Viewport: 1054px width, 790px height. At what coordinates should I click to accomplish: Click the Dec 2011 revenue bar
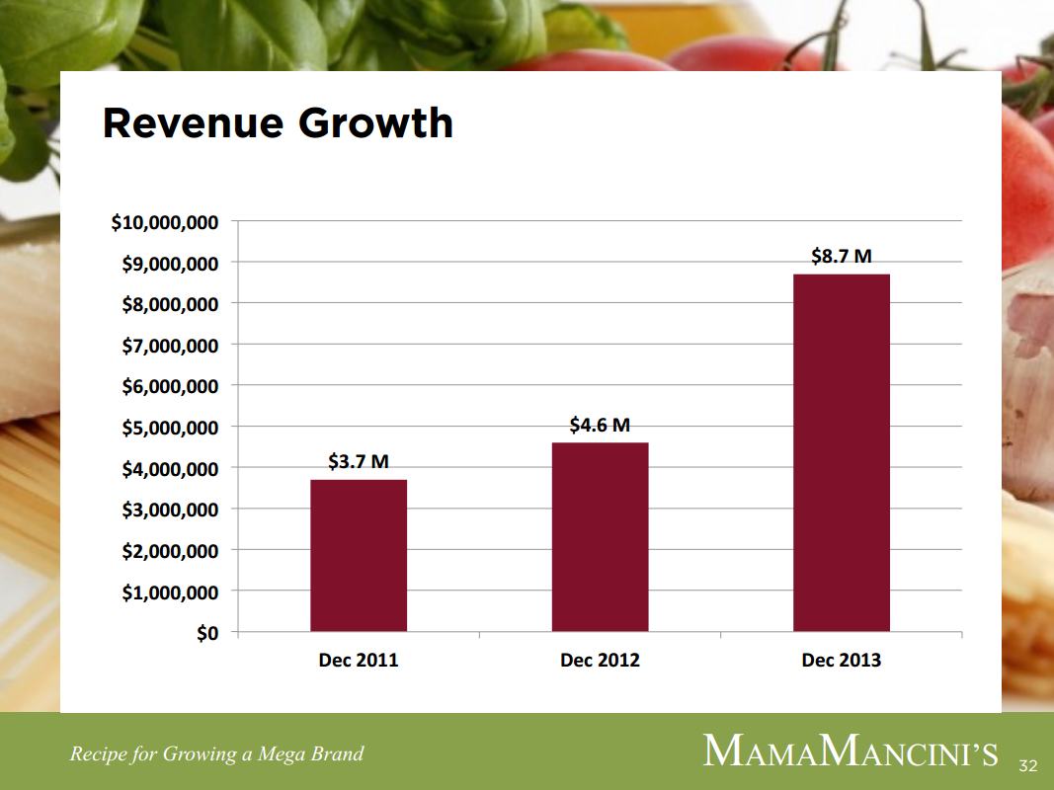tap(358, 555)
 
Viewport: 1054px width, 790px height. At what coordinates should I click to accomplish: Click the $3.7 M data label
tap(358, 461)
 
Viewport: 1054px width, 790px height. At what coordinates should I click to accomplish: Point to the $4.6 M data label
tap(600, 425)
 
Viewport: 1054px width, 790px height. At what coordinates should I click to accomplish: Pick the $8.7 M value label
tap(841, 256)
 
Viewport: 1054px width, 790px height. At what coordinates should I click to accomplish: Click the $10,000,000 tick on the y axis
tap(165, 222)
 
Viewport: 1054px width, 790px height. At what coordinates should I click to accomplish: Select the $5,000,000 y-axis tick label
tap(170, 428)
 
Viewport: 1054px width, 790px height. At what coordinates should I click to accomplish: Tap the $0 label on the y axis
tap(205, 633)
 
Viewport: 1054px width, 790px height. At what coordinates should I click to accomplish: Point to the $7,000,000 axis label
tap(170, 346)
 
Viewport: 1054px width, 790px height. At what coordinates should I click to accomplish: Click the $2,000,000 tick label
tap(170, 551)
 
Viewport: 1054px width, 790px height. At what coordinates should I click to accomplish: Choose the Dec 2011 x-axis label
tap(358, 661)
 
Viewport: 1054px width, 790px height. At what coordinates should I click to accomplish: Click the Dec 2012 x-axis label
tap(600, 661)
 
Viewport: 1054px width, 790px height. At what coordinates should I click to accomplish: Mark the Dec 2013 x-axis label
tap(841, 661)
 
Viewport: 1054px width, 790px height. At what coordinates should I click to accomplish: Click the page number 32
tap(1028, 765)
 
